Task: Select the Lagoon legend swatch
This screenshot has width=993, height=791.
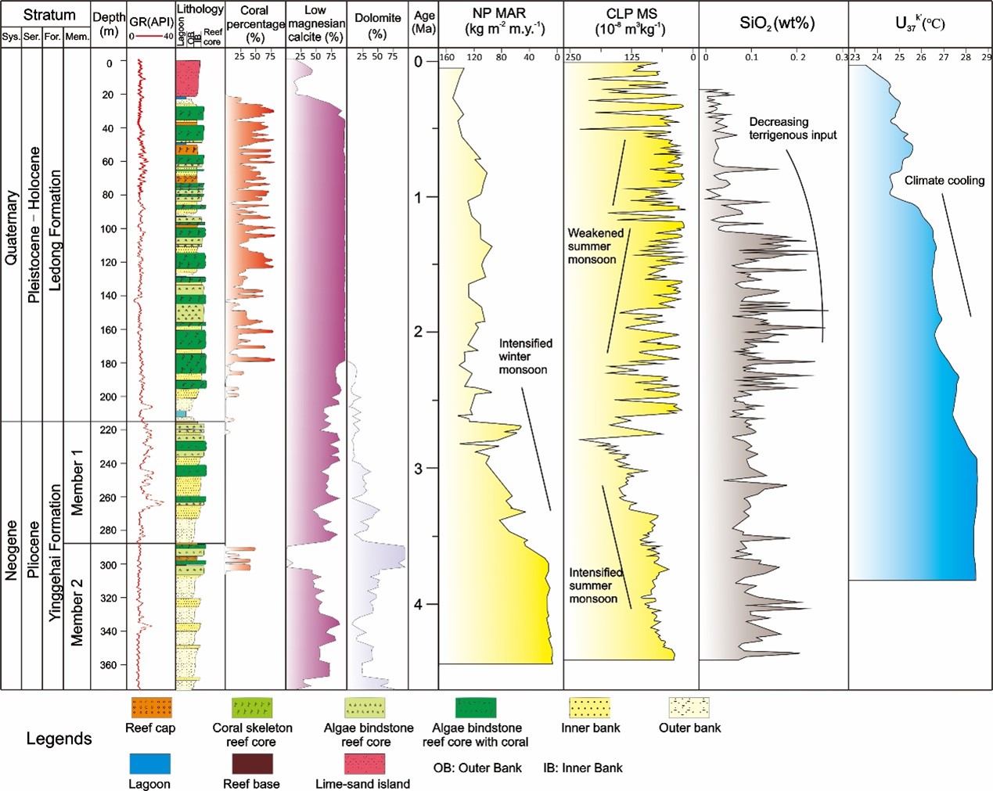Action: (149, 764)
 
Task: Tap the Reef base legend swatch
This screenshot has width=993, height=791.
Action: (251, 764)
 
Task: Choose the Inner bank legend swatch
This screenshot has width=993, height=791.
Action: (590, 708)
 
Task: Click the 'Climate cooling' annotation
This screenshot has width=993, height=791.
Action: (944, 181)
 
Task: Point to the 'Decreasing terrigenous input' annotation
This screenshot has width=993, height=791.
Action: (793, 128)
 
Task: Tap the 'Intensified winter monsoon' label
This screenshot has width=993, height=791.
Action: (525, 356)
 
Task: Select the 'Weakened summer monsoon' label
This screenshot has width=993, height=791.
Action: (595, 246)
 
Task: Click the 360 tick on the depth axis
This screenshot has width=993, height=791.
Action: (107, 665)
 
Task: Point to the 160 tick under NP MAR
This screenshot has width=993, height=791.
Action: (447, 57)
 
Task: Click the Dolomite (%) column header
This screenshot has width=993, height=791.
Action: (377, 25)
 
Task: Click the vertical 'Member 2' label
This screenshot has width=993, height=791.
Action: (77, 613)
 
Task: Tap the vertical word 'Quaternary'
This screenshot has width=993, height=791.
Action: (11, 228)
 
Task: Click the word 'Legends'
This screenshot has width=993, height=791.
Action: (59, 739)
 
